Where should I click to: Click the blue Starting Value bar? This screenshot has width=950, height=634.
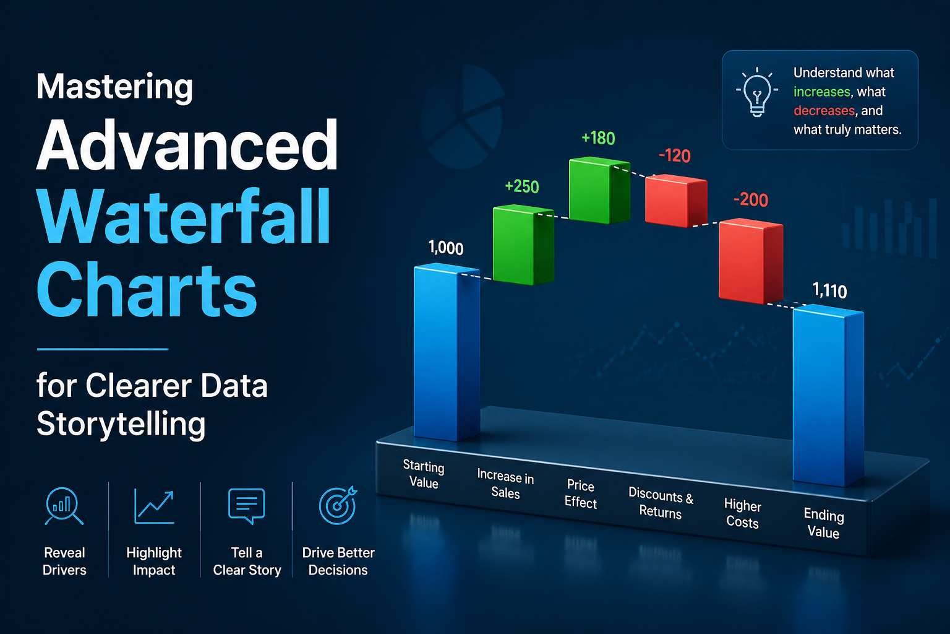[446, 353]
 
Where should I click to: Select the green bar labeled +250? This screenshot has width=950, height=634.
[523, 245]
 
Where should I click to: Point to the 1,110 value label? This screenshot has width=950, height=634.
[829, 290]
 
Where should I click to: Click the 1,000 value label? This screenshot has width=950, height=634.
[446, 248]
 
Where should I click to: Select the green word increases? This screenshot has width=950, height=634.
[822, 92]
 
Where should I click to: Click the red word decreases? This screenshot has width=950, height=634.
[824, 111]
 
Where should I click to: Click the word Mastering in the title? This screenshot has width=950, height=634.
[115, 87]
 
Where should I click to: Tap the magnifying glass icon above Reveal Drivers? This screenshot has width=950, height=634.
[64, 506]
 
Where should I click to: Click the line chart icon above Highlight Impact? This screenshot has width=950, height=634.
[154, 505]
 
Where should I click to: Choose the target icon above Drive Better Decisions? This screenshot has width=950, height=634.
[338, 505]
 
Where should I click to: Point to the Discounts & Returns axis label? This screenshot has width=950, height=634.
[661, 503]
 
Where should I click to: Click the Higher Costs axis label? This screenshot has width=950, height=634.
[742, 514]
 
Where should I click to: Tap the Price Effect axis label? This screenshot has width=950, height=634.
[580, 494]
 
